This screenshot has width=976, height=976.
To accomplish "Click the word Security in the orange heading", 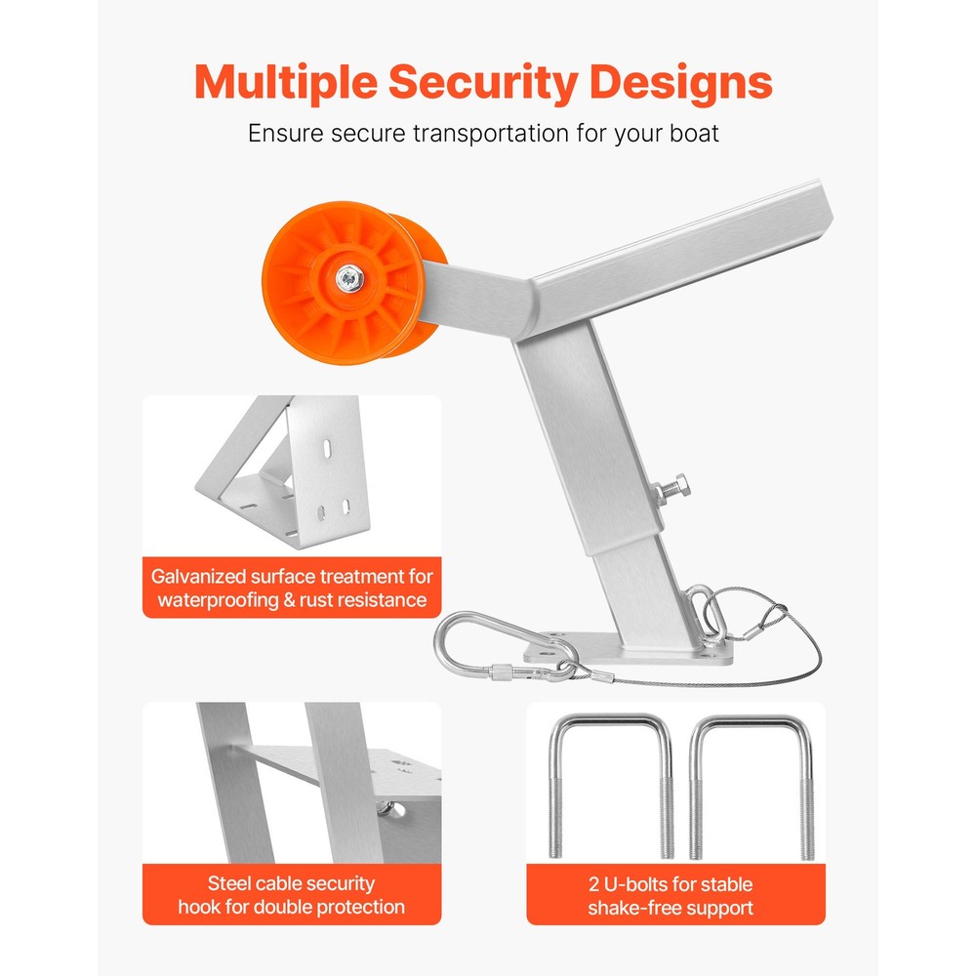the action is (x=483, y=82).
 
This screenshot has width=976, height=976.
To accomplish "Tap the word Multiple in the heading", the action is (x=286, y=82).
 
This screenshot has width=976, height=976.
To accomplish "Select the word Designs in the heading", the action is (x=681, y=82).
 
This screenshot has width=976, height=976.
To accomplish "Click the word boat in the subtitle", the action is (x=694, y=133).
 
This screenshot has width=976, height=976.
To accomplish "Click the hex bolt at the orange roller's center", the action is (x=349, y=278).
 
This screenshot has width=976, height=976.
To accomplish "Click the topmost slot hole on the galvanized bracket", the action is (x=327, y=448).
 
